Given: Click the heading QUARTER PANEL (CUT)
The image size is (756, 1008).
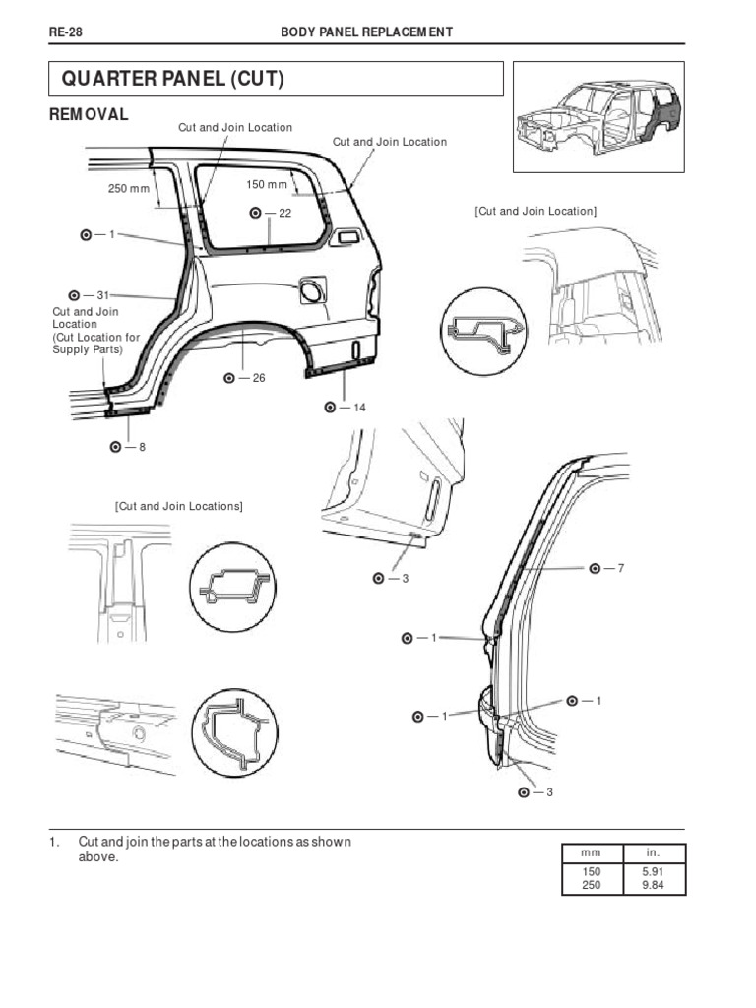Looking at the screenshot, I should [172, 79].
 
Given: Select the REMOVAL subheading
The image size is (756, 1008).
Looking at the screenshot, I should [89, 114].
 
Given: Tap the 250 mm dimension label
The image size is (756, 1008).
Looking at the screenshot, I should [126, 188].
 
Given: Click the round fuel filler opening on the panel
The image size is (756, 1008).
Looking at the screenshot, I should [310, 289].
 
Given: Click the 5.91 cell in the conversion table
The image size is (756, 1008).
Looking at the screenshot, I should [652, 872].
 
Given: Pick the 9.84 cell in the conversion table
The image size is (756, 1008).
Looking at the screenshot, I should [652, 886].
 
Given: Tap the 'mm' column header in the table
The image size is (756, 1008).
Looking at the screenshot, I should [591, 852].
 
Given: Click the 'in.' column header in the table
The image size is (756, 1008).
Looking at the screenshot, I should [652, 852].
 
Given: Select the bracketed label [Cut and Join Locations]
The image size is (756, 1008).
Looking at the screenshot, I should [178, 506].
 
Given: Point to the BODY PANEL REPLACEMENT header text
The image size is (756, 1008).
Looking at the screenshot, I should [367, 32].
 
